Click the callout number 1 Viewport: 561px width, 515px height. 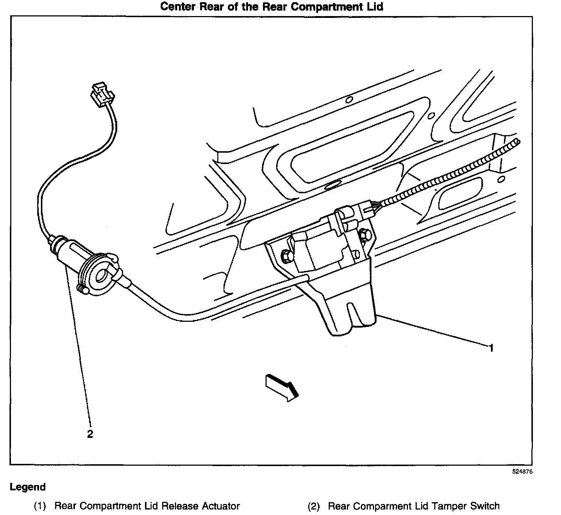coord(491,348)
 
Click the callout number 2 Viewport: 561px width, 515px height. coord(90,434)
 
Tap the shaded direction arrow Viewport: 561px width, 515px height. coord(282,388)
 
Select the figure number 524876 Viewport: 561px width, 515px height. coord(522,472)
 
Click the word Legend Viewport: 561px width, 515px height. coord(28,487)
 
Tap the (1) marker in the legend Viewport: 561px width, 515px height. coord(39,506)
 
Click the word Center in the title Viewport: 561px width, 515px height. coord(179,7)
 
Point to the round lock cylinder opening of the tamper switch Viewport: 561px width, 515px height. coord(102,276)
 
